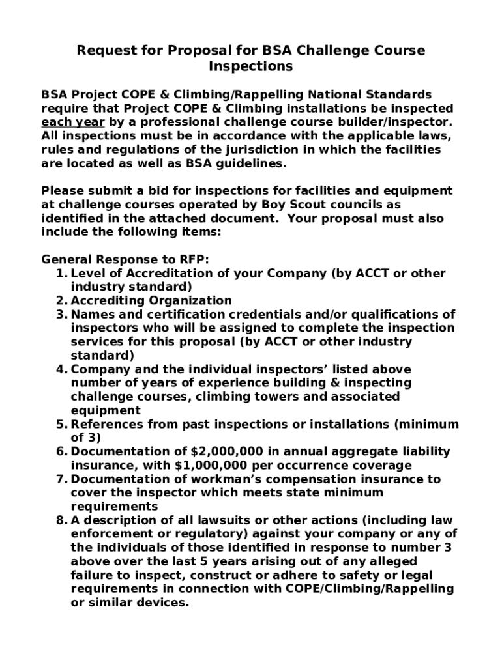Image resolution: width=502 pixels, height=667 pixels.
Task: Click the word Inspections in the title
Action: [250, 66]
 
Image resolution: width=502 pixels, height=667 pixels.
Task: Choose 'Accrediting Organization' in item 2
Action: [151, 300]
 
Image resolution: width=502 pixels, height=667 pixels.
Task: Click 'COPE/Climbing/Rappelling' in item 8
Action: [368, 589]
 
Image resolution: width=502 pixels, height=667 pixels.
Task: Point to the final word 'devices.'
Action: [164, 603]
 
